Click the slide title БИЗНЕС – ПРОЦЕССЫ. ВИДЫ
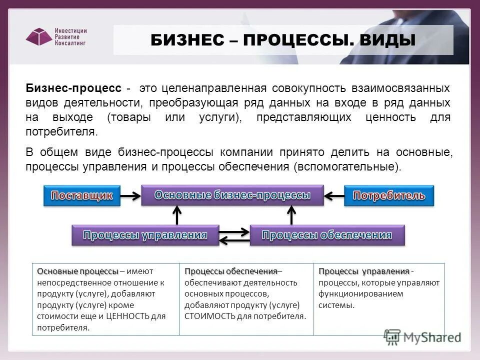[x=283, y=40]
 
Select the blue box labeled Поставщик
[x=82, y=195]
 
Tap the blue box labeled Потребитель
[x=389, y=195]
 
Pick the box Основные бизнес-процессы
[x=232, y=195]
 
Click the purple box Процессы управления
[x=145, y=235]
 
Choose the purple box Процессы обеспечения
[x=327, y=235]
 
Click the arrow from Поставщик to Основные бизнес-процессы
[x=130, y=195]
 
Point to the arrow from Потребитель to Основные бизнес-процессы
[x=334, y=195]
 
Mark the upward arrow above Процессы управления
[x=176, y=215]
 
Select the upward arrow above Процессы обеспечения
[x=292, y=215]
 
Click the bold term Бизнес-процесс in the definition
[x=73, y=88]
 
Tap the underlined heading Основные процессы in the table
[x=77, y=271]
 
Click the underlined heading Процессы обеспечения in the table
[x=230, y=271]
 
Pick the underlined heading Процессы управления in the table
[x=364, y=271]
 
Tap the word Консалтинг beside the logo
[x=70, y=43]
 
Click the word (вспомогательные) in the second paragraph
[x=347, y=166]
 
